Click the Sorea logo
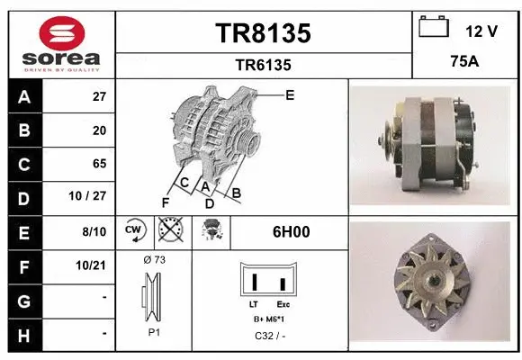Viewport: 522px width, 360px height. click(x=61, y=44)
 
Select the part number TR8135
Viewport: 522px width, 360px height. click(x=263, y=33)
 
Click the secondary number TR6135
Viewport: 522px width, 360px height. click(x=263, y=65)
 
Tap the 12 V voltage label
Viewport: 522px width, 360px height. click(x=481, y=31)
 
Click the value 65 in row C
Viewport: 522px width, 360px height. click(x=99, y=164)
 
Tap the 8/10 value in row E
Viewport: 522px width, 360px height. click(x=94, y=231)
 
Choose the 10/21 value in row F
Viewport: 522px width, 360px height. click(x=93, y=265)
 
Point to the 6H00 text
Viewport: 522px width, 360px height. click(x=291, y=231)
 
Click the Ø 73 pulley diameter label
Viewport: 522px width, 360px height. click(x=154, y=260)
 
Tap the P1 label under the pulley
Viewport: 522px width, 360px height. click(x=154, y=331)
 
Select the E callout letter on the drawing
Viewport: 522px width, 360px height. click(x=289, y=94)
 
